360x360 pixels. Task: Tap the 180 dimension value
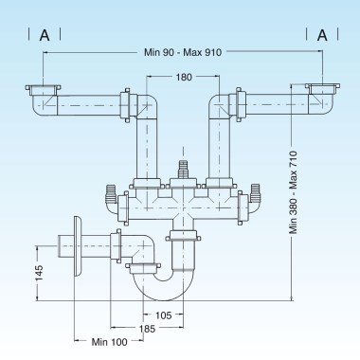183,77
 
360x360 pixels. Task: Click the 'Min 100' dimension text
109,342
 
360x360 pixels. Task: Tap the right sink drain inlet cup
323,92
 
